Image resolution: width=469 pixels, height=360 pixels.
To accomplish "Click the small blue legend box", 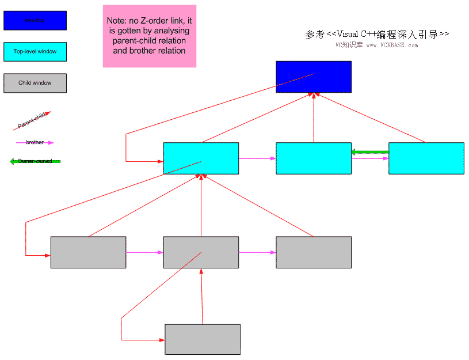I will [x=35, y=21].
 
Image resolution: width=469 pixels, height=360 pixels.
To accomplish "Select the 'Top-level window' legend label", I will [x=35, y=52].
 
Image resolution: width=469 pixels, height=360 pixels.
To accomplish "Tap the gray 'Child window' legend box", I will [x=35, y=83].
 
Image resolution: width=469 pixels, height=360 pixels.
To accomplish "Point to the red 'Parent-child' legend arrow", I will [x=32, y=121].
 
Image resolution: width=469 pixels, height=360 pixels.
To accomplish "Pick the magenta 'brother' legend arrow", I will [x=35, y=142].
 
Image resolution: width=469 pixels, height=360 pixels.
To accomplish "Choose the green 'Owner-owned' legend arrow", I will [x=35, y=161].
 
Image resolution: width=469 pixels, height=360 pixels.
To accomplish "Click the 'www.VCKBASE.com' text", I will [x=392, y=46].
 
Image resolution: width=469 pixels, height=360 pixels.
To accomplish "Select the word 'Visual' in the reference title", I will [x=350, y=35].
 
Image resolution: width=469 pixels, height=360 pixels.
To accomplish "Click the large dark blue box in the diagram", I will [x=314, y=77].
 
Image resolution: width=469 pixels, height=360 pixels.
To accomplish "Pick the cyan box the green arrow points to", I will [x=314, y=158].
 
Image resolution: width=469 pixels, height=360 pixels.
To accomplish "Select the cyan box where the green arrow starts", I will [x=426, y=158].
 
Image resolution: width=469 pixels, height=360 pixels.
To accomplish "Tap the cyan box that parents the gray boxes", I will [x=201, y=158].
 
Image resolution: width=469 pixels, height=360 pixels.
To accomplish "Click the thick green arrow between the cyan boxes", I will [x=371, y=152].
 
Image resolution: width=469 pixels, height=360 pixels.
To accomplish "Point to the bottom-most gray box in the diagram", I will [x=203, y=339].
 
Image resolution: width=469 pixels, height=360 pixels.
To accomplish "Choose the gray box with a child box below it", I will [x=201, y=252].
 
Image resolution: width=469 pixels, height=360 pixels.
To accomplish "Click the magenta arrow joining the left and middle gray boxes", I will [x=144, y=252].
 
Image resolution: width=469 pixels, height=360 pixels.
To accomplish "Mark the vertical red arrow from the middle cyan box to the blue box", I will [x=314, y=118].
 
